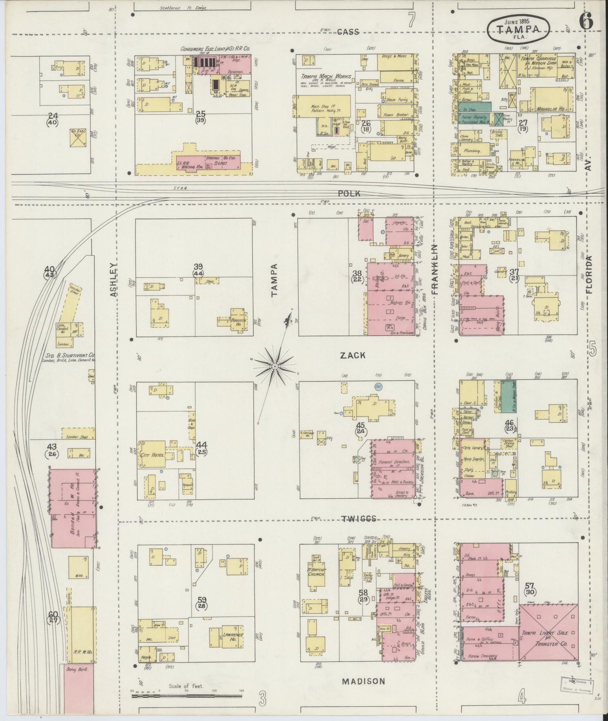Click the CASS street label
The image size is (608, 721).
(349, 32)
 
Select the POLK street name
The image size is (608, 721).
(349, 194)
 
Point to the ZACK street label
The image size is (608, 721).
(353, 355)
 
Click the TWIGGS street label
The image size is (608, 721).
(358, 519)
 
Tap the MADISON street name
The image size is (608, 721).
(363, 681)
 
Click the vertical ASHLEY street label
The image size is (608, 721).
(113, 280)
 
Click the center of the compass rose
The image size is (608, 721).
(274, 366)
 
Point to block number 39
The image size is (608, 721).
(198, 267)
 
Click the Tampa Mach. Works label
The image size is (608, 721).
(321, 77)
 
